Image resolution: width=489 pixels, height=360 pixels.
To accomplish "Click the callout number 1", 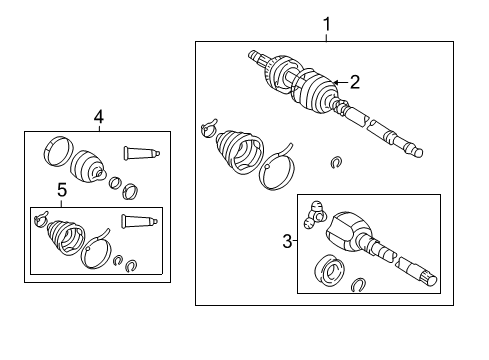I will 324,22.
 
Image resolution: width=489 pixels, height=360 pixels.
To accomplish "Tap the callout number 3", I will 286,242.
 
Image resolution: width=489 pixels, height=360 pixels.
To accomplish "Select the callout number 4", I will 98,118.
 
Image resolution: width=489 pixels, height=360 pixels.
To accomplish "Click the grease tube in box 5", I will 140,221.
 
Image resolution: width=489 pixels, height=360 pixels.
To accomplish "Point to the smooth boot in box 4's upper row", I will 89,162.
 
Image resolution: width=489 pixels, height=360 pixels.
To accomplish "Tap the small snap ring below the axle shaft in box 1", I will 337,161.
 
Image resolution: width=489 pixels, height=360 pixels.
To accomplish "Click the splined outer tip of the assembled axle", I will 255,57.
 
